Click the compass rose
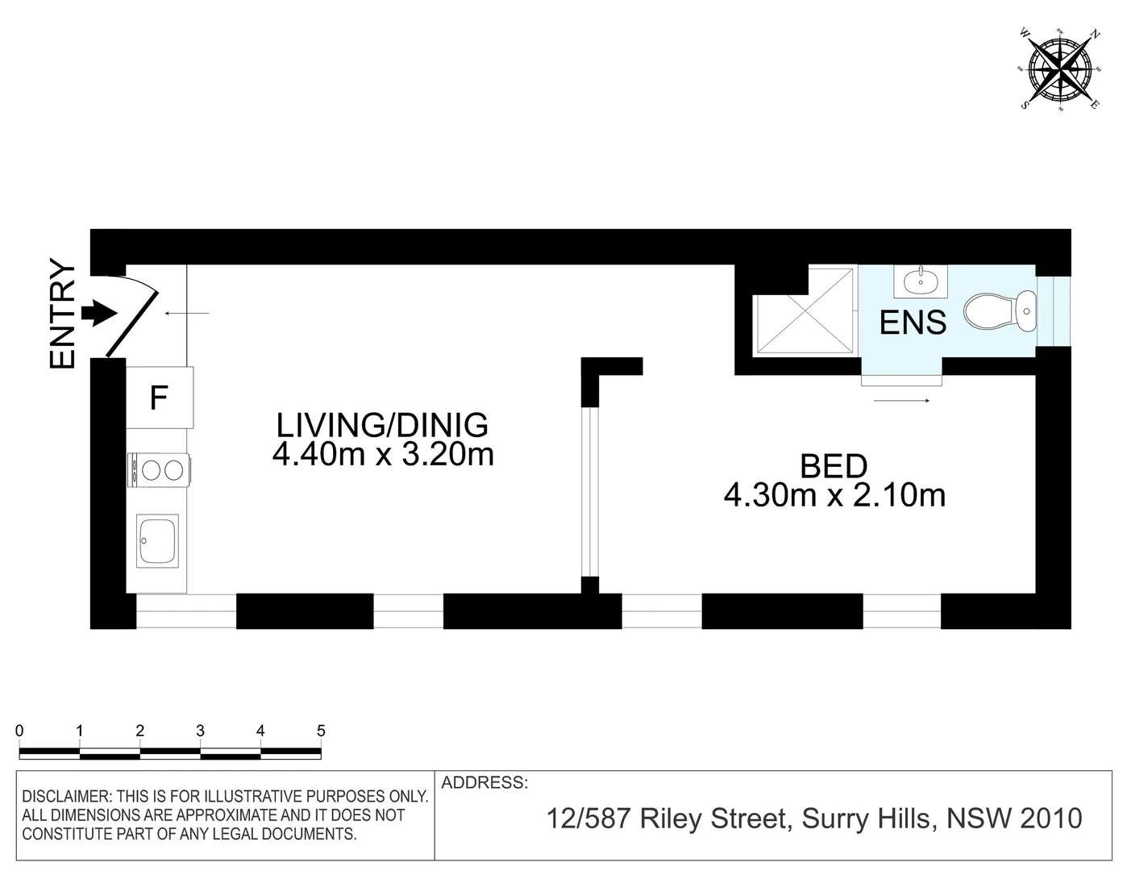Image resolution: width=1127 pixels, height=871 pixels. coord(1059,69)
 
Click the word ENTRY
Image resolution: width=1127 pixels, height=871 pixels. coord(63,314)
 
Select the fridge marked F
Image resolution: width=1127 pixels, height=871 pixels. coord(160,398)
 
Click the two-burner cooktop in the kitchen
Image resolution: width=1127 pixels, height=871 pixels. coord(159,469)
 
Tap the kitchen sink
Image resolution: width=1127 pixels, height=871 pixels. coord(158,540)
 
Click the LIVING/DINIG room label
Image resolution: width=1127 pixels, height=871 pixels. coord(382,424)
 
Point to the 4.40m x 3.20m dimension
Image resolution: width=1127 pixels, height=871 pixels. coord(382,455)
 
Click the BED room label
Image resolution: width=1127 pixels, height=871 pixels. coord(834,466)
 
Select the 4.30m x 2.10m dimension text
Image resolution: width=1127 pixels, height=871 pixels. coord(834,495)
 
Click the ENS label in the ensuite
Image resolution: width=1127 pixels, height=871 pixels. coord(913,323)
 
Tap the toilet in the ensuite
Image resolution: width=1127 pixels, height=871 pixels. coord(1000,312)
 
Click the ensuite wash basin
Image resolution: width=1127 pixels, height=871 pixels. coord(920,281)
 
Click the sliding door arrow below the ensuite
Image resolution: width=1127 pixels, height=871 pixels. coord(902,400)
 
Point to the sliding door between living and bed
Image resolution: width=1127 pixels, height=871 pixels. coord(591,492)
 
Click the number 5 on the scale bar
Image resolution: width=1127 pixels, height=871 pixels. coord(321,731)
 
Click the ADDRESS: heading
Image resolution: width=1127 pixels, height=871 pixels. coord(484,782)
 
